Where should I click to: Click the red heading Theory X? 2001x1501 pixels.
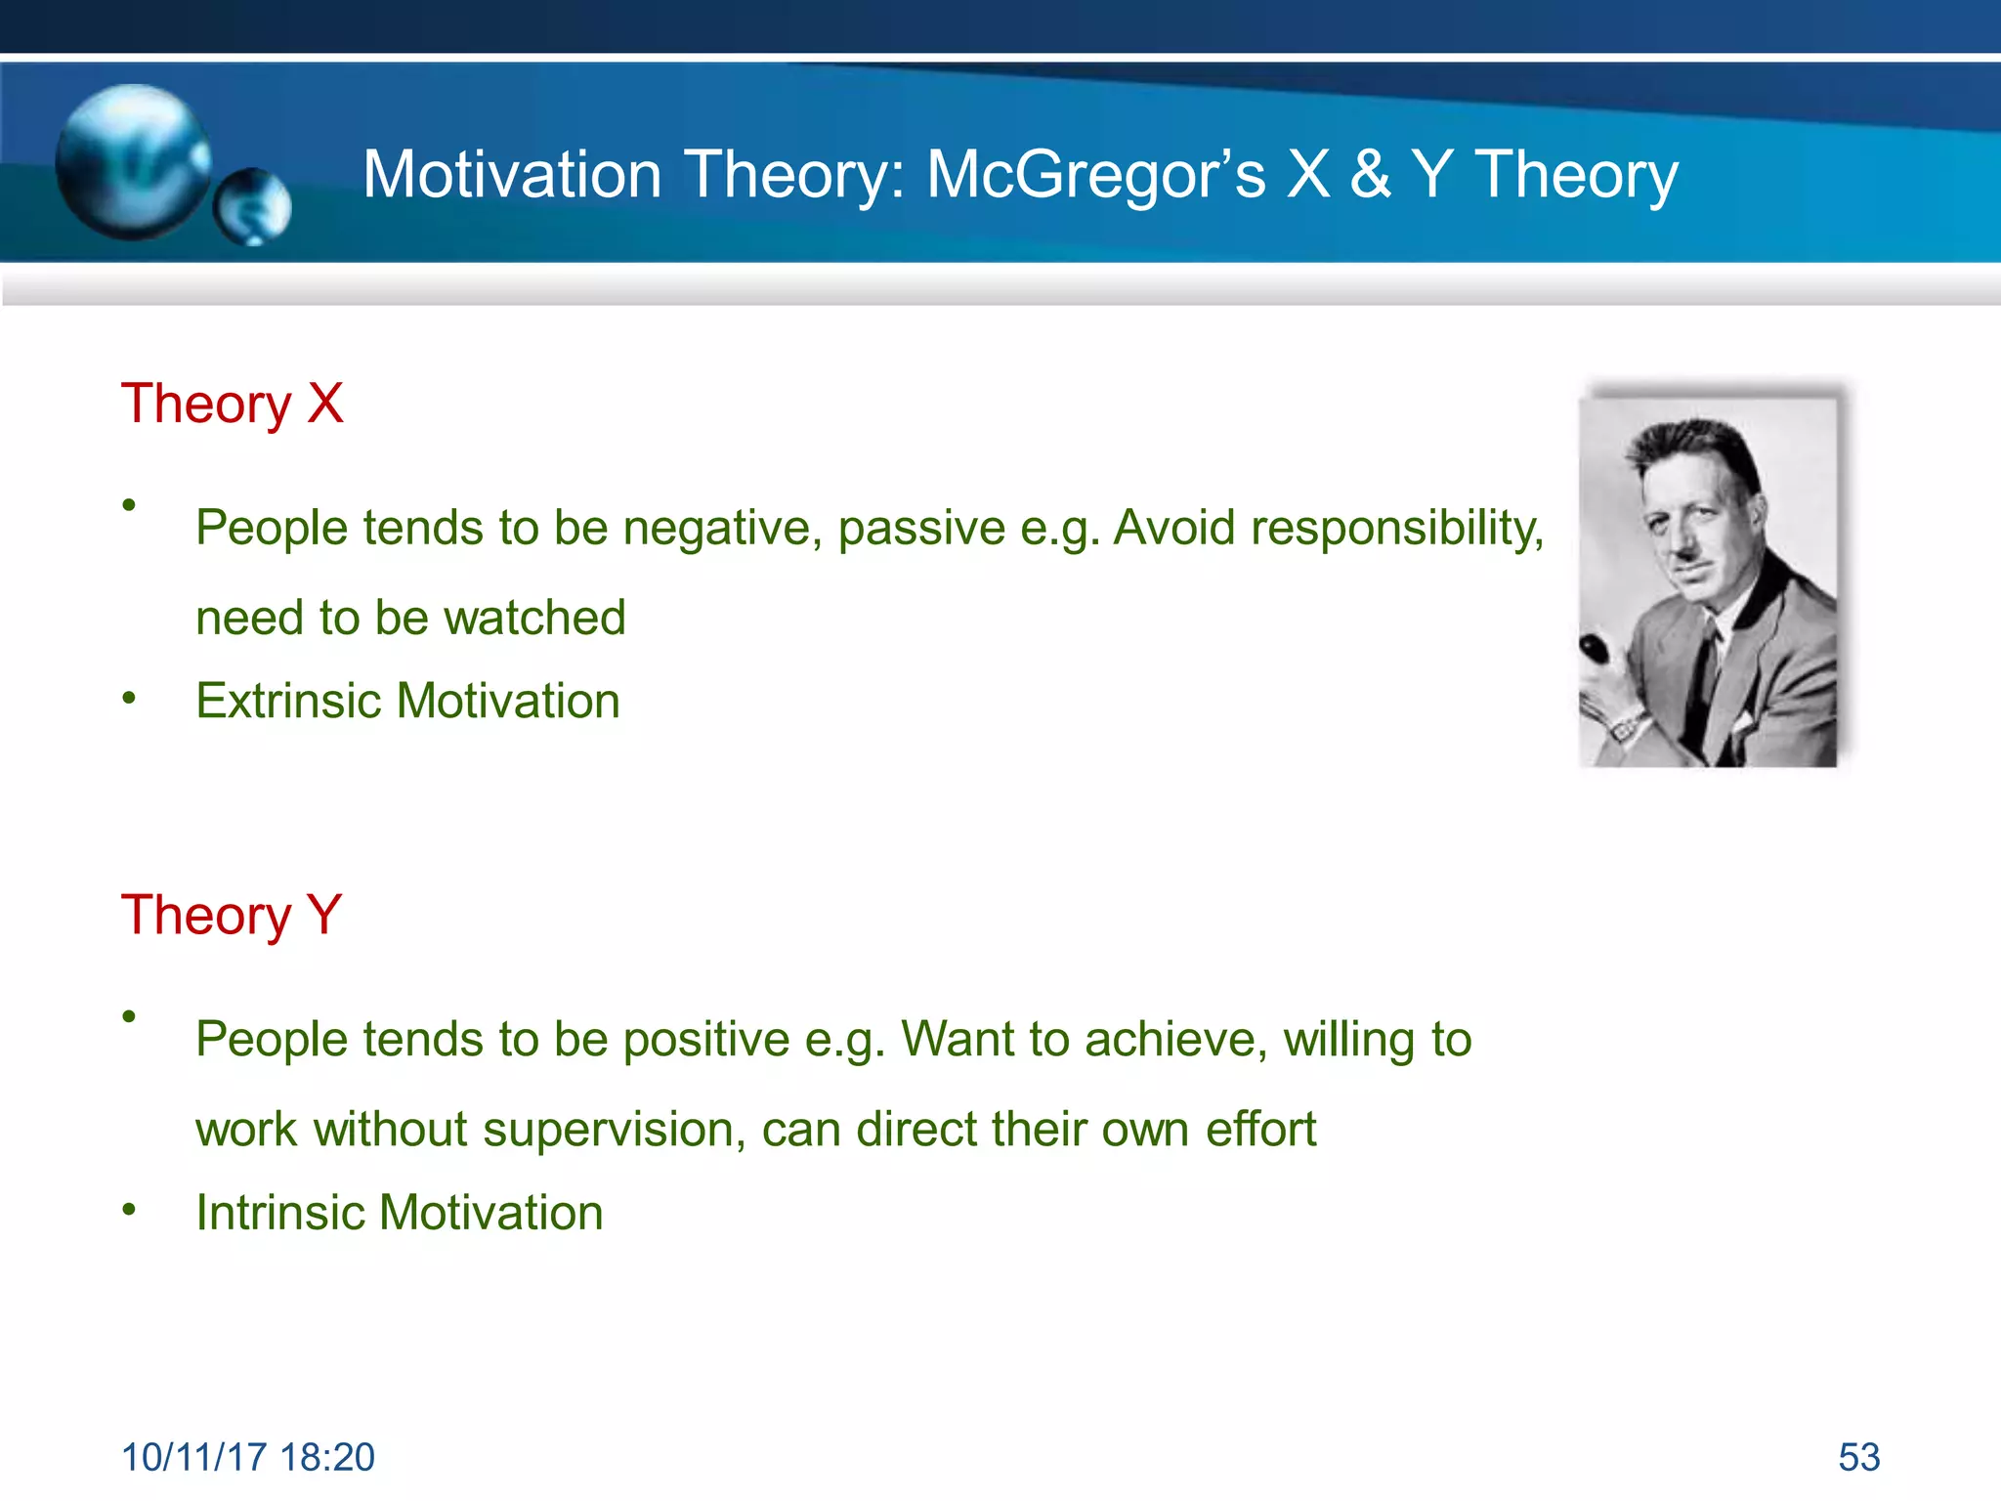pos(232,404)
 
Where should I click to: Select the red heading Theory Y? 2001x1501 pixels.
pos(232,916)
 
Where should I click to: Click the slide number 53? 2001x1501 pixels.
pos(1858,1457)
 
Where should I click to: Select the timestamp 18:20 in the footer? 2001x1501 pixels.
pos(326,1457)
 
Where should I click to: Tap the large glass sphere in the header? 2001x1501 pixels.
pos(132,161)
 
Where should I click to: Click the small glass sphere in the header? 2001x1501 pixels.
pos(252,206)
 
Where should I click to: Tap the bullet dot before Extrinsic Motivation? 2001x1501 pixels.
pos(129,698)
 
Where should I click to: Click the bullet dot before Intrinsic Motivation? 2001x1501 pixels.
pos(129,1210)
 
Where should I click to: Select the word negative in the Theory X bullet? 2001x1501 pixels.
pos(722,529)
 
